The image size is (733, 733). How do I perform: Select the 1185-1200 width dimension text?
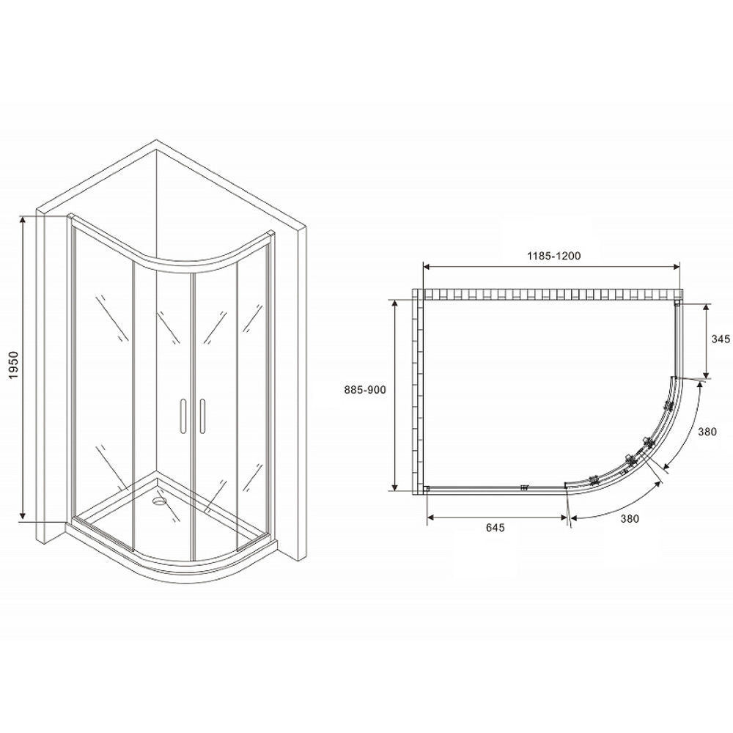point(553,256)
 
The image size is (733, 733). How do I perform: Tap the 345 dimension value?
point(721,339)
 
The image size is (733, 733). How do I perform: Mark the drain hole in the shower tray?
point(159,503)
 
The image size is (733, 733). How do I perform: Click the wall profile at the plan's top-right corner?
point(677,302)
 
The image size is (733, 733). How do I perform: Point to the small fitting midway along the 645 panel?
point(524,488)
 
